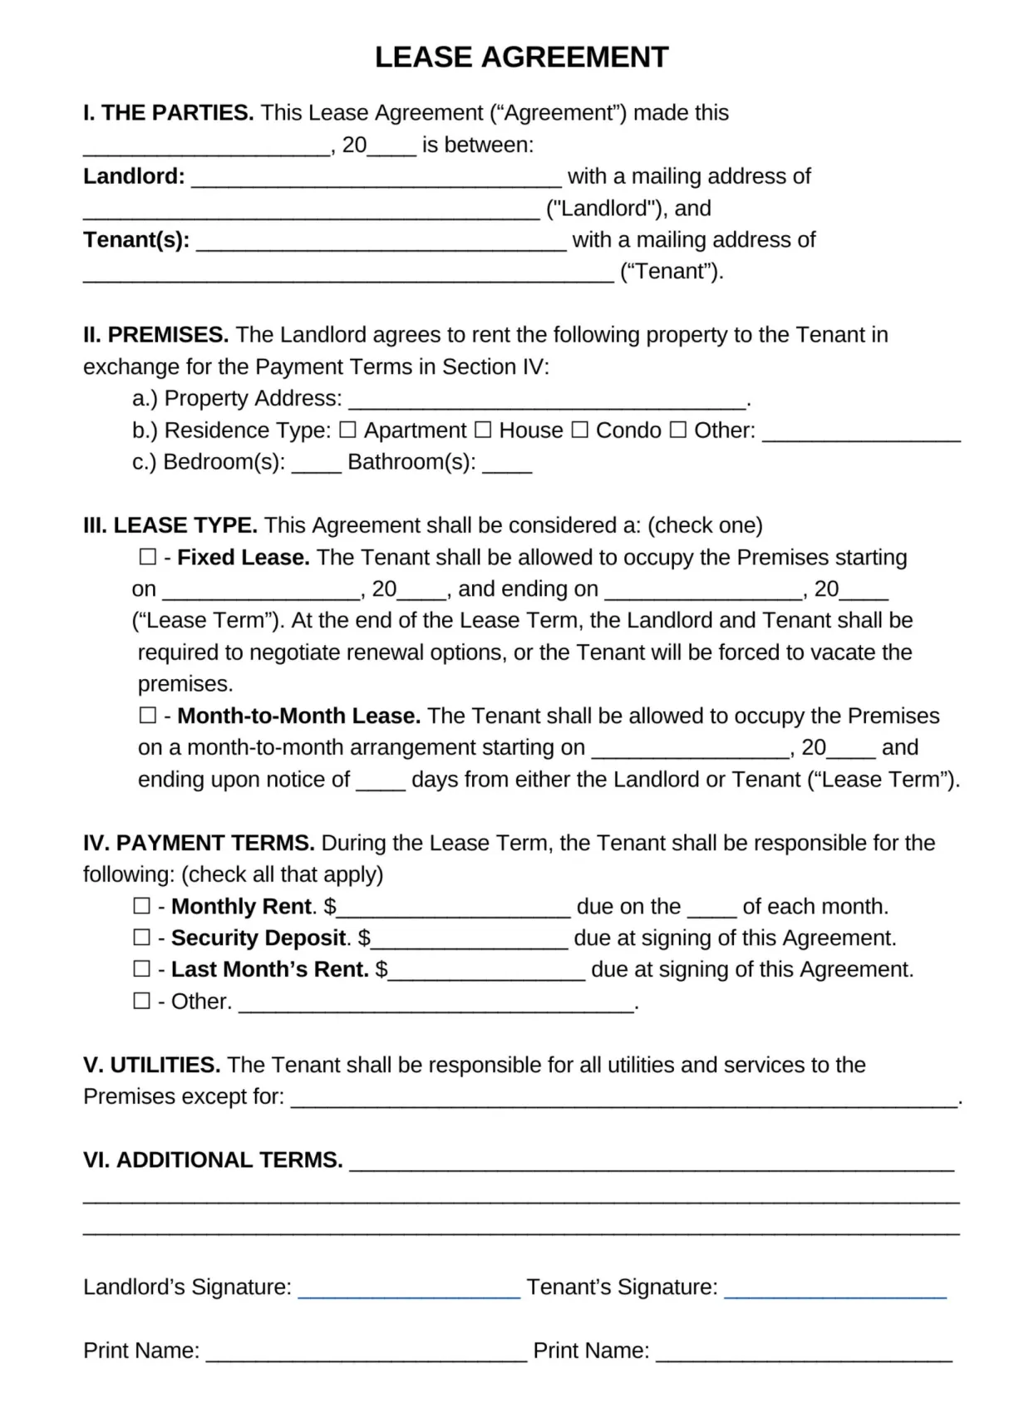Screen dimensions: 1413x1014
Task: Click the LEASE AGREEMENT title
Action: pyautogui.click(x=521, y=57)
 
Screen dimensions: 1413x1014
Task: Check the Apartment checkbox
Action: pyautogui.click(x=347, y=430)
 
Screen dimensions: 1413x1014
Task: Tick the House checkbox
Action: pyautogui.click(x=483, y=430)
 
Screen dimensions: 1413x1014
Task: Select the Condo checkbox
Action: pyautogui.click(x=580, y=430)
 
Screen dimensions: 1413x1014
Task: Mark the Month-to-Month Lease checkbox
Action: pyautogui.click(x=147, y=715)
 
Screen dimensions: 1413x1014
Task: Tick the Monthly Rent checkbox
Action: pyautogui.click(x=142, y=905)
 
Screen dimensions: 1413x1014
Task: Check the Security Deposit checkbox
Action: pyautogui.click(x=142, y=937)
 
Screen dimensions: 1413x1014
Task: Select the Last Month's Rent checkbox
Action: pyautogui.click(x=142, y=968)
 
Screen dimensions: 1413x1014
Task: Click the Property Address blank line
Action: pyautogui.click(x=547, y=402)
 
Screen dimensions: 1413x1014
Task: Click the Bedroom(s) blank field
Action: pyautogui.click(x=316, y=465)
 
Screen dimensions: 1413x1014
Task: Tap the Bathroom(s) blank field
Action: pyautogui.click(x=507, y=465)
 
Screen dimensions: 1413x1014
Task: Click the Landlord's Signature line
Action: pyautogui.click(x=408, y=1290)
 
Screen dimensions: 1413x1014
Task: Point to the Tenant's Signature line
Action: pyautogui.click(x=834, y=1290)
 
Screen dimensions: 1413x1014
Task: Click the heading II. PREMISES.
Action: pyautogui.click(x=155, y=335)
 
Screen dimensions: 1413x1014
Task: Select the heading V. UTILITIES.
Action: pyautogui.click(x=151, y=1065)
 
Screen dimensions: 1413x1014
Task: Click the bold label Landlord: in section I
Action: pyautogui.click(x=134, y=176)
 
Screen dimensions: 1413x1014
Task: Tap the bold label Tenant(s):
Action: pyautogui.click(x=136, y=240)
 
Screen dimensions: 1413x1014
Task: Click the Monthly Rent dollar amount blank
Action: pyautogui.click(x=453, y=909)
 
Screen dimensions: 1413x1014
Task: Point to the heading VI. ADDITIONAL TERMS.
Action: pyautogui.click(x=213, y=1159)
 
